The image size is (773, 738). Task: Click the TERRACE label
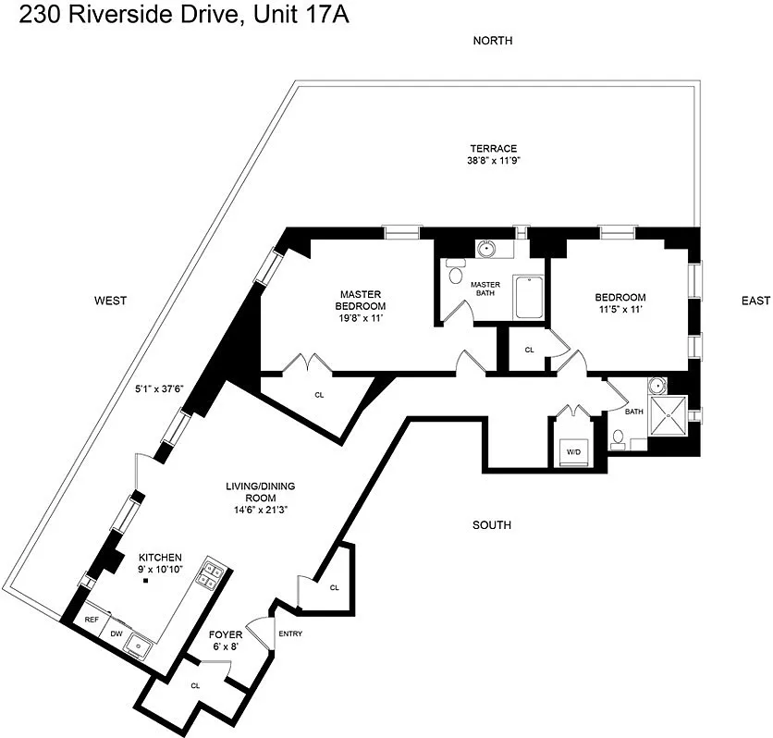(493, 148)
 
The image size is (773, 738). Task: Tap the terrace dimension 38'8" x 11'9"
(493, 160)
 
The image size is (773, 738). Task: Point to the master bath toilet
(455, 274)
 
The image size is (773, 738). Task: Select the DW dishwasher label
(117, 633)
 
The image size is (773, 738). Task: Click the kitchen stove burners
(211, 575)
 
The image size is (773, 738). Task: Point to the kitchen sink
(141, 644)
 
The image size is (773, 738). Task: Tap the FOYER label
(226, 634)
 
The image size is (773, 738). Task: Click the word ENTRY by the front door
(289, 633)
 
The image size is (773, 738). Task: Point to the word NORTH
(492, 41)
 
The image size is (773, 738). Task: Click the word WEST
(110, 300)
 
